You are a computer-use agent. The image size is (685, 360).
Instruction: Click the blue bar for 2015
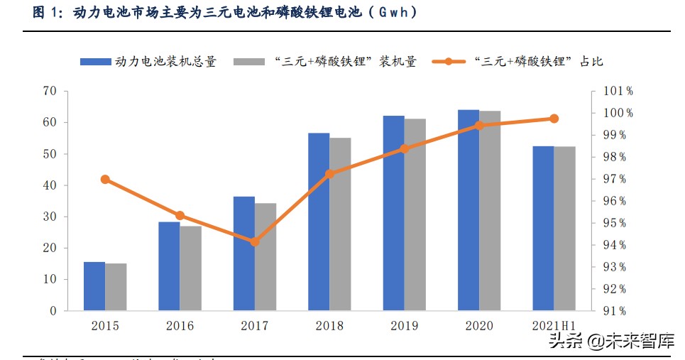pos(94,286)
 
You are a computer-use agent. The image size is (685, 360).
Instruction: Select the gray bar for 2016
pos(191,268)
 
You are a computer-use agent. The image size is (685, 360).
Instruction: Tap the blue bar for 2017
pos(244,253)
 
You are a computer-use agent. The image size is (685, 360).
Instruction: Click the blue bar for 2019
pos(394,213)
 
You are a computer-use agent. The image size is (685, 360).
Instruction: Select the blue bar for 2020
pos(468,210)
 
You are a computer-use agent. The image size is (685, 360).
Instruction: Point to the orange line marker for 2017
pos(255,241)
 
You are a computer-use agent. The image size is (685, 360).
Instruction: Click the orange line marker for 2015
pos(105,180)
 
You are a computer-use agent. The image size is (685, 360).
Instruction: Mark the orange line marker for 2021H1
pos(554,119)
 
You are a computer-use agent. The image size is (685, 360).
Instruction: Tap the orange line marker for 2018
pos(329,174)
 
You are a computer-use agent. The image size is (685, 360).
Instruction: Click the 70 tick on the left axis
pos(49,91)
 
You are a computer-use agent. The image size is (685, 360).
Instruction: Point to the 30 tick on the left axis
pos(49,217)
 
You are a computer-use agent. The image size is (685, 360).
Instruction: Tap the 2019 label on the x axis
pos(404,326)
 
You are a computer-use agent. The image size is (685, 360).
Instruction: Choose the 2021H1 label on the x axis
pos(554,326)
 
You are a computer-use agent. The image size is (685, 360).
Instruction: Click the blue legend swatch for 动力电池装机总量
pos(95,62)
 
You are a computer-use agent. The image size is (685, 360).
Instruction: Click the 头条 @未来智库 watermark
pos(611,342)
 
